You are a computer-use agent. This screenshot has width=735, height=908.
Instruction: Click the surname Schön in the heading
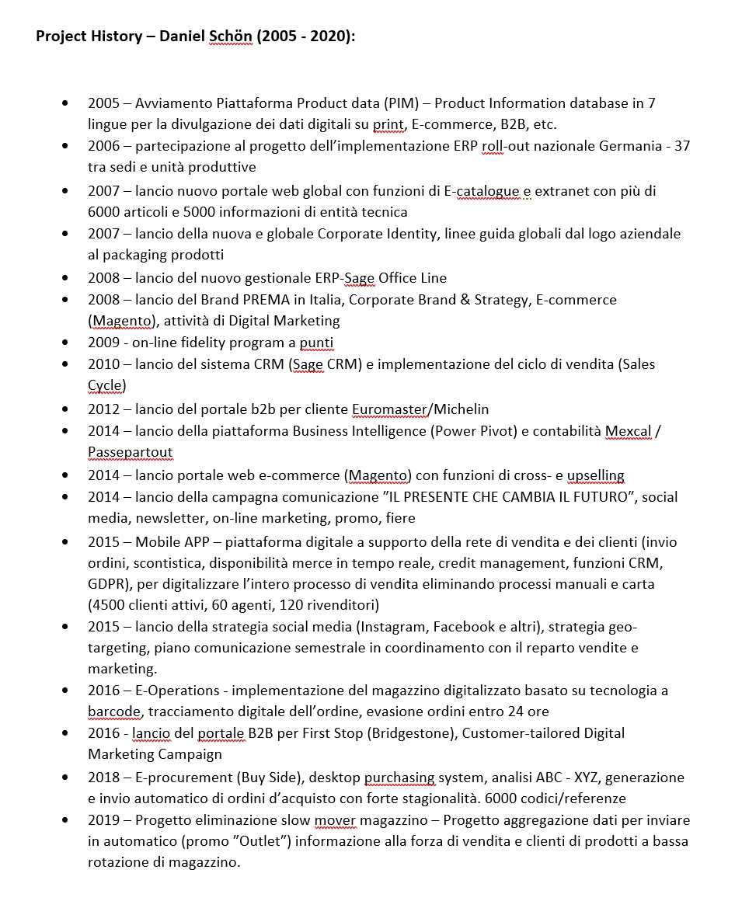click(x=231, y=37)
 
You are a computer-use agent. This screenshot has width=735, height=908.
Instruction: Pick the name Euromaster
click(x=389, y=409)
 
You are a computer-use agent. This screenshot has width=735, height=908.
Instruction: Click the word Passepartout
click(x=131, y=452)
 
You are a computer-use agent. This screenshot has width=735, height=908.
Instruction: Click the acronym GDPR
click(x=106, y=583)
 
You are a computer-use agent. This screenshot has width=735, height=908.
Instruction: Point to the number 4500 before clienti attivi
click(x=107, y=604)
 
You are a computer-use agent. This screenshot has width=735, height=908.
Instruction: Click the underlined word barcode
click(x=114, y=711)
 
